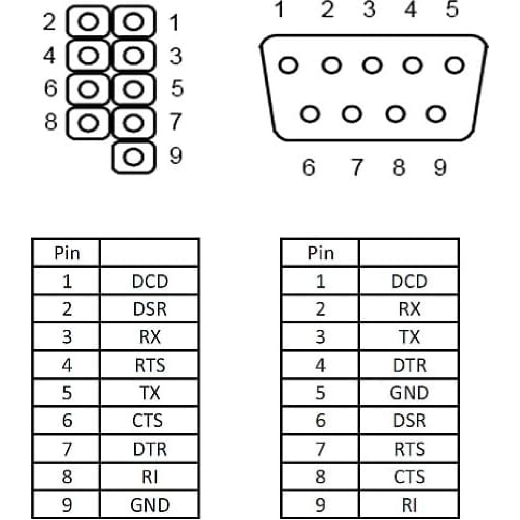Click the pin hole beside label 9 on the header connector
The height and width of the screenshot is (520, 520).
click(x=134, y=157)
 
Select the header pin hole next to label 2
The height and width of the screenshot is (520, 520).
click(x=88, y=22)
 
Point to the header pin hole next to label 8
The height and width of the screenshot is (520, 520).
click(x=88, y=123)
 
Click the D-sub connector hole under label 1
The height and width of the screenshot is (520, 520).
click(x=288, y=64)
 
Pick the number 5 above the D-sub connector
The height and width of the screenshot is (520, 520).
click(x=452, y=9)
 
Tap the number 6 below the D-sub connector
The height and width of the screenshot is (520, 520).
click(x=308, y=167)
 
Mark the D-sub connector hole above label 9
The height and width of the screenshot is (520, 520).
click(x=436, y=114)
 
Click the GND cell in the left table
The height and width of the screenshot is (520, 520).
click(x=150, y=505)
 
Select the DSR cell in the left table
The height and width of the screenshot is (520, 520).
click(x=150, y=309)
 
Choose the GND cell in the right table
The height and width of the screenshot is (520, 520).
click(x=409, y=393)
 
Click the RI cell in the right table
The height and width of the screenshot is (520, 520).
click(x=409, y=505)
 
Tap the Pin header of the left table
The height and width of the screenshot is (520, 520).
click(x=67, y=253)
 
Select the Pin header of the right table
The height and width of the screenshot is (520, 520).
click(x=320, y=253)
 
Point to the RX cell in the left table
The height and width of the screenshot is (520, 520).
click(x=150, y=337)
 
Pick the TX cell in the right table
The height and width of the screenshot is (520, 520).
click(x=409, y=337)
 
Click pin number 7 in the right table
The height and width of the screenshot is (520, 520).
click(x=320, y=449)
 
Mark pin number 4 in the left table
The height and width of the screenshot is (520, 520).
click(x=67, y=365)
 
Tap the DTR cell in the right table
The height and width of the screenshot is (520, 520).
click(x=409, y=365)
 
